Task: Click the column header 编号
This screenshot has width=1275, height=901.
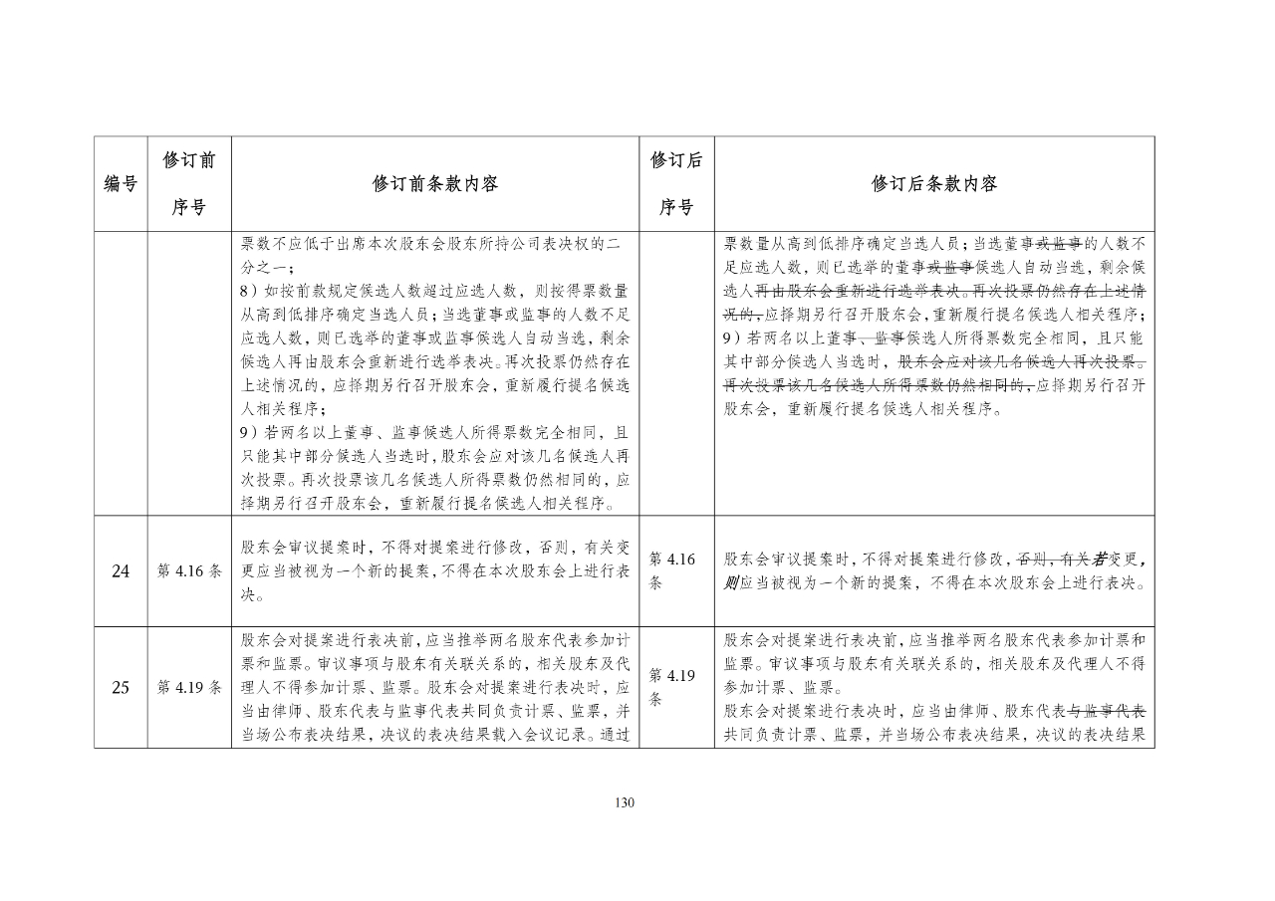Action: point(121,184)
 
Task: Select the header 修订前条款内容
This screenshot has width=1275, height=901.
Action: point(435,184)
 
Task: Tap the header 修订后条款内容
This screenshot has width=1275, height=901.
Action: point(933,184)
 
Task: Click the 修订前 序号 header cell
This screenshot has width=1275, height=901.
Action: point(189,184)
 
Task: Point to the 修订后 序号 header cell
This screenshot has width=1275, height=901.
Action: point(676,184)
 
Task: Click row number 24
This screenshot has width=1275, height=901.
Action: point(121,571)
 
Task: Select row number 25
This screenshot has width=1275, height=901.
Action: point(121,687)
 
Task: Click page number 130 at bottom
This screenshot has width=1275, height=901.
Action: point(625,803)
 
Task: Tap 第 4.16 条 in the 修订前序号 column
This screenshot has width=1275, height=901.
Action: point(189,571)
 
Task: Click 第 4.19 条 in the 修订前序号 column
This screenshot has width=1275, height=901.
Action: point(189,687)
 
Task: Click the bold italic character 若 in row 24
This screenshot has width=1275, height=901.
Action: point(1103,560)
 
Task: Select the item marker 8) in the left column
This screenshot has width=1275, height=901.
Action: point(249,290)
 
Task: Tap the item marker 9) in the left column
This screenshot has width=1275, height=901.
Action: point(249,432)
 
